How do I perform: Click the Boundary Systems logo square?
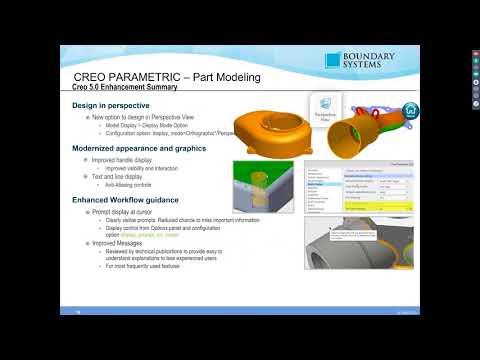coord(333,62)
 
